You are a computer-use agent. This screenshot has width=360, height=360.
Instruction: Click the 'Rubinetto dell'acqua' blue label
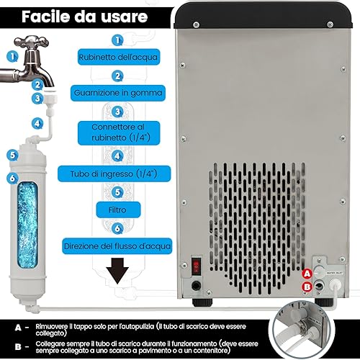click(119, 57)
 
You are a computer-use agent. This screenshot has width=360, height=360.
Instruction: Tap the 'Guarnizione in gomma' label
click(118, 93)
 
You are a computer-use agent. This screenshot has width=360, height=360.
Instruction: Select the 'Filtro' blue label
click(118, 210)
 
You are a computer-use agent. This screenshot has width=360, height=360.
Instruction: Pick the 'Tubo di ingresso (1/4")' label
click(114, 174)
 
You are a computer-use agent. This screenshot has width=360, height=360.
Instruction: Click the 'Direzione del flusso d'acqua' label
click(117, 246)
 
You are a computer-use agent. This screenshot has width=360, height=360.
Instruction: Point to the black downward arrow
click(117, 271)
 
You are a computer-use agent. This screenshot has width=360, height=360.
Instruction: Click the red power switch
click(197, 266)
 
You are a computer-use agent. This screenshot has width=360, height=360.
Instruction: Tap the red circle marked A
click(307, 274)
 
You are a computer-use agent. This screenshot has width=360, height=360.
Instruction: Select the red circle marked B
click(307, 287)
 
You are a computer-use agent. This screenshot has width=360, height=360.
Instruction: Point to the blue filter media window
click(27, 225)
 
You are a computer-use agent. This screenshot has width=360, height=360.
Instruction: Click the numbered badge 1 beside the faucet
click(12, 57)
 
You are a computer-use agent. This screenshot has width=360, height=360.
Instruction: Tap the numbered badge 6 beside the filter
click(12, 178)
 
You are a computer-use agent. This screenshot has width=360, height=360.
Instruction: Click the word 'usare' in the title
click(124, 17)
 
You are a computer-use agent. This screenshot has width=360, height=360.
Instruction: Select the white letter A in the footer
click(18, 328)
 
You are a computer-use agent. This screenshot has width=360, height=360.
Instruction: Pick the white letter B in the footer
click(18, 346)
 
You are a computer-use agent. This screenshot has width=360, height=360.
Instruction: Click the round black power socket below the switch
click(196, 286)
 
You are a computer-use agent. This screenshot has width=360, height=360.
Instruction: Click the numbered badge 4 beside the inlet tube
click(37, 123)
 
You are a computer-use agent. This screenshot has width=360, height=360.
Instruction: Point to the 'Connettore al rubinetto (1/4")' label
click(119, 132)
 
